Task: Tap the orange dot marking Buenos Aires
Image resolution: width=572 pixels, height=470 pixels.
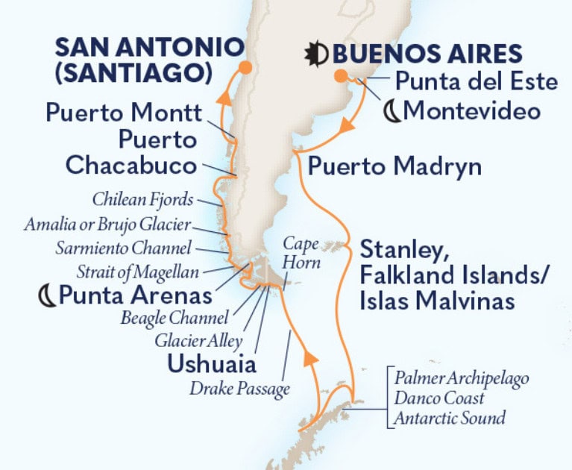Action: (x=340, y=75)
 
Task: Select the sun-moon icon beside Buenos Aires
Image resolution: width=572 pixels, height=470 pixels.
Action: (x=316, y=54)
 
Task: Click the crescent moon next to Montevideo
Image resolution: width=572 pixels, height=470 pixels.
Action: (x=392, y=112)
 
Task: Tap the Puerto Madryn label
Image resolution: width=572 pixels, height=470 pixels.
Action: (x=395, y=166)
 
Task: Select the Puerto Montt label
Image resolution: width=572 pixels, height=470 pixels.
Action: (x=124, y=113)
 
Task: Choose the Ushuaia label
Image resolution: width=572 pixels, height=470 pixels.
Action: (x=212, y=365)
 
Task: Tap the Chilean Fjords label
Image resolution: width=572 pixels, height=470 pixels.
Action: (x=143, y=200)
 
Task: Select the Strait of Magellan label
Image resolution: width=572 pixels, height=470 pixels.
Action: (x=137, y=269)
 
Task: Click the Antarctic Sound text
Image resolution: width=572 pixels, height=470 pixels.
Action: (x=450, y=418)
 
